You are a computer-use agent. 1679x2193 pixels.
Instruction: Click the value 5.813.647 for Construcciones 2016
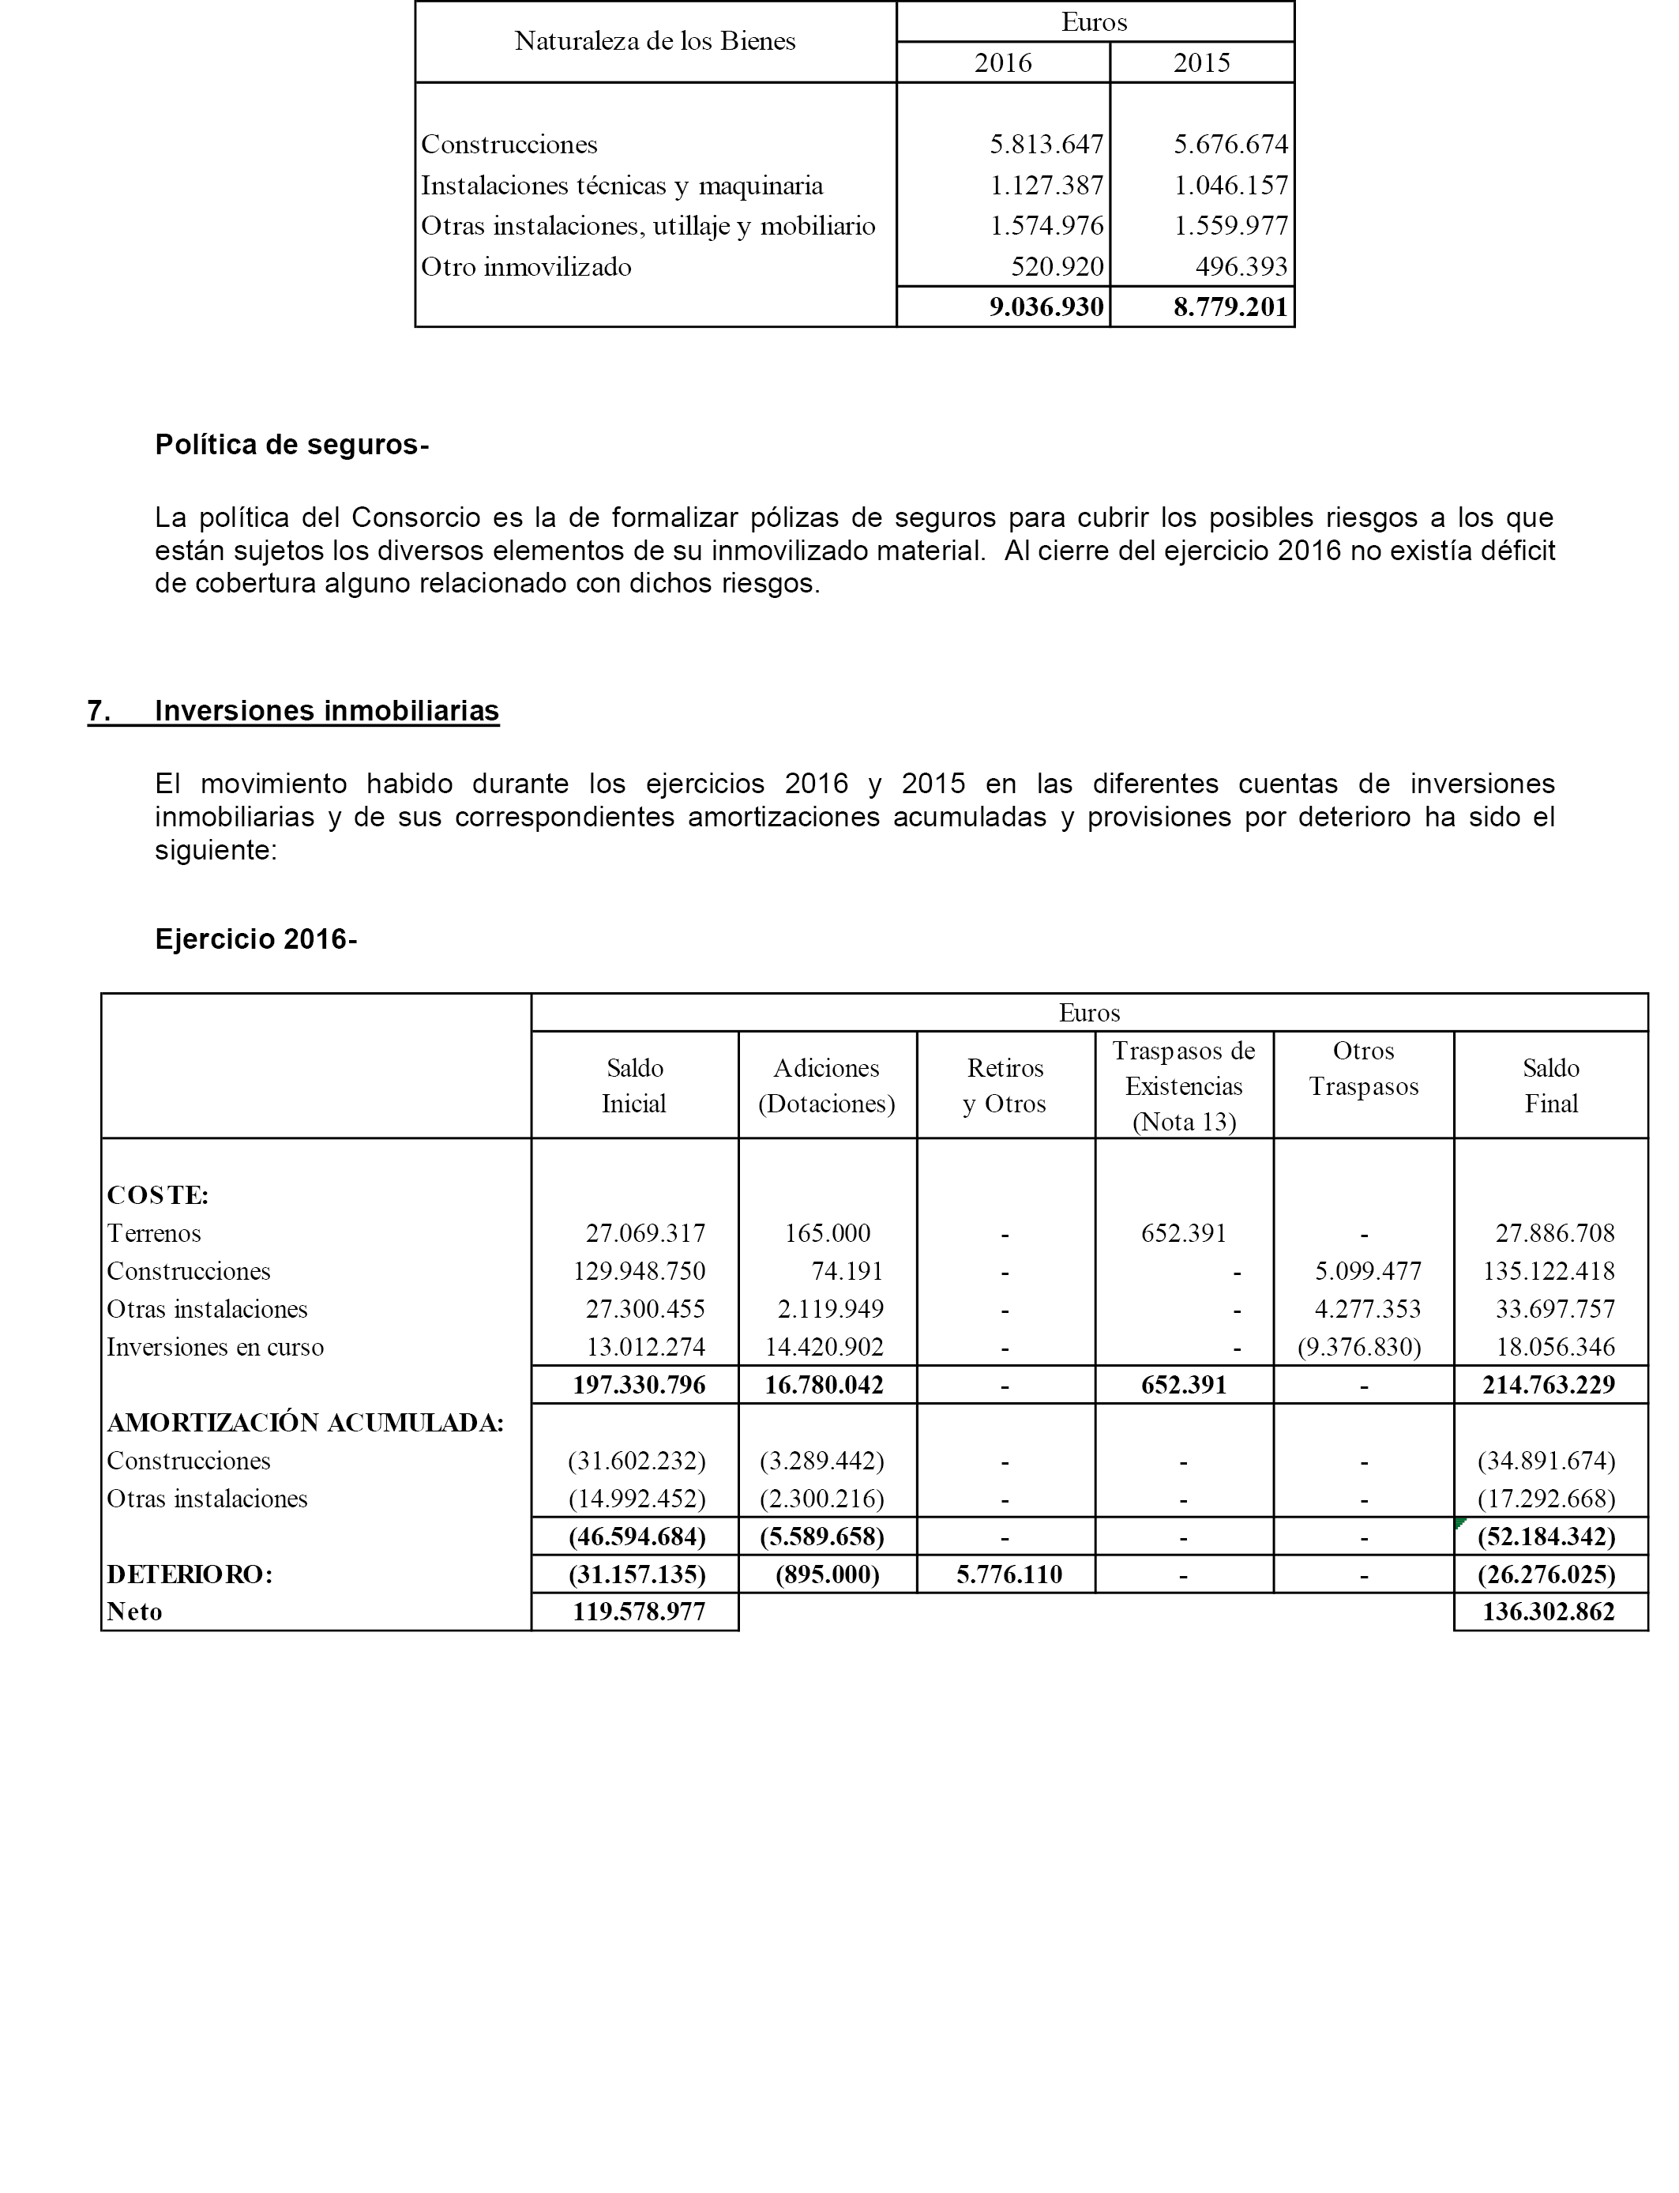(1046, 145)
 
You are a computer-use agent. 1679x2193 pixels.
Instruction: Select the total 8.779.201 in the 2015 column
(1230, 307)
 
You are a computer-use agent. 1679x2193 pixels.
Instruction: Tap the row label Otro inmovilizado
(526, 267)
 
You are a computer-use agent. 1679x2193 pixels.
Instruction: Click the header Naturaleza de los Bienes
(655, 41)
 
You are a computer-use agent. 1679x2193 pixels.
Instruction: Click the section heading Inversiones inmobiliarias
(327, 711)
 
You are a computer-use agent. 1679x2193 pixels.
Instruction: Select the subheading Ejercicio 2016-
(256, 939)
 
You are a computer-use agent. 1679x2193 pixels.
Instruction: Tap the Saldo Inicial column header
(635, 1085)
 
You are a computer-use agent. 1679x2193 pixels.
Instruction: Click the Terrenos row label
(154, 1233)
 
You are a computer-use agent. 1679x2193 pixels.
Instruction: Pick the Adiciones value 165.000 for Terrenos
(828, 1233)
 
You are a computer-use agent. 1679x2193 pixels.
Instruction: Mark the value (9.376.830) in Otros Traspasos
(1359, 1348)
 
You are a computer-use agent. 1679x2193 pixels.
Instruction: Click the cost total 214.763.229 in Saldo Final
(1548, 1386)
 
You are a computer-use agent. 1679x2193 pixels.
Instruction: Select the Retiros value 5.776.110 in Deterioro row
(1009, 1575)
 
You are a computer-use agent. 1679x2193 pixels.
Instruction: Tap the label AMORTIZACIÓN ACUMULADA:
(305, 1424)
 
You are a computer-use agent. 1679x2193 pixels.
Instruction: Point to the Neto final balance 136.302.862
(1548, 1612)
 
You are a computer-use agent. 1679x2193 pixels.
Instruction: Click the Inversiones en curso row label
(215, 1348)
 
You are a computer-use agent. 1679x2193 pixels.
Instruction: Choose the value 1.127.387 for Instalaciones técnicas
(1046, 186)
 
